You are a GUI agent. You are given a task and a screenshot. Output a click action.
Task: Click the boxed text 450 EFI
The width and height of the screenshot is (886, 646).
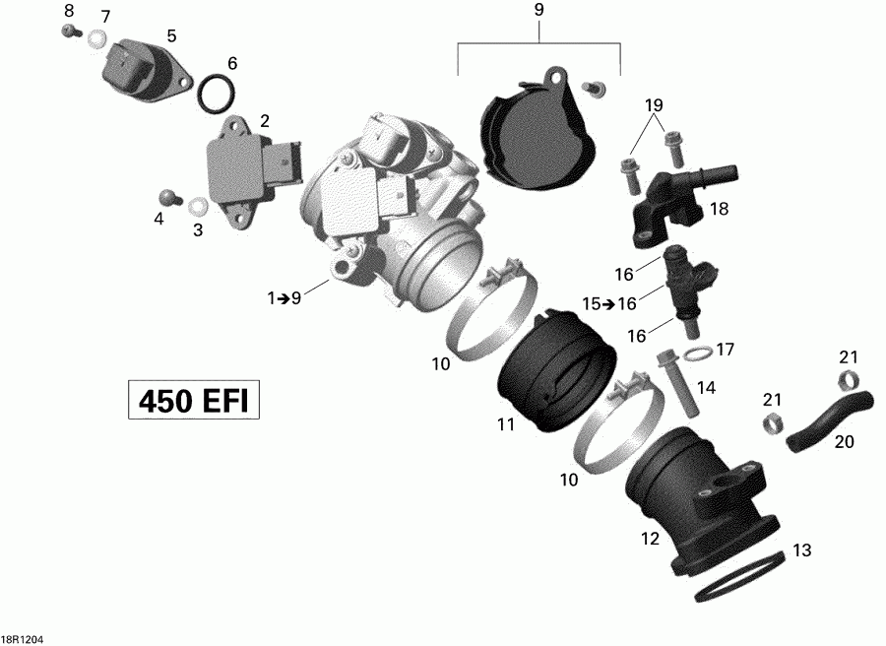pos(193,402)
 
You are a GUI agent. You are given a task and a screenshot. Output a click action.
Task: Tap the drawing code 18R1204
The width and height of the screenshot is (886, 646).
pos(23,638)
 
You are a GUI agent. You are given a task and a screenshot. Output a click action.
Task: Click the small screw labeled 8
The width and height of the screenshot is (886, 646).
pos(70,31)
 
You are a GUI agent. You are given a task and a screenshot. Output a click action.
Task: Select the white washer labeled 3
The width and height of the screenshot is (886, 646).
pos(196,207)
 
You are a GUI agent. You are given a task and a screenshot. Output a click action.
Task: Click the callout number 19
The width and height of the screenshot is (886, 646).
pos(655,105)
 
